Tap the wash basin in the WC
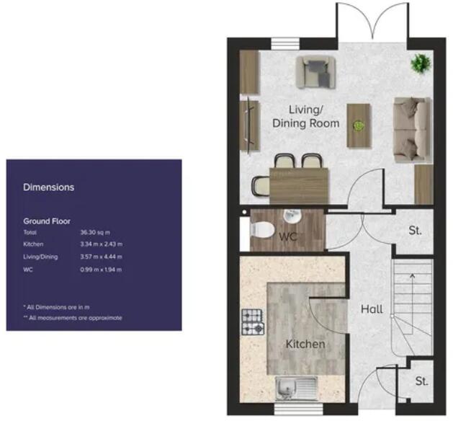click(292, 217)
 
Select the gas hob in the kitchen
click(253, 323)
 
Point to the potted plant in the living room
click(419, 65)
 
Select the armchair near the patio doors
click(315, 71)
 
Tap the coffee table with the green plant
click(358, 125)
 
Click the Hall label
click(372, 309)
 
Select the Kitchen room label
click(305, 344)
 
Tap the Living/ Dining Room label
click(305, 116)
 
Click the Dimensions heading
click(49, 187)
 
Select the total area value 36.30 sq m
click(97, 234)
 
